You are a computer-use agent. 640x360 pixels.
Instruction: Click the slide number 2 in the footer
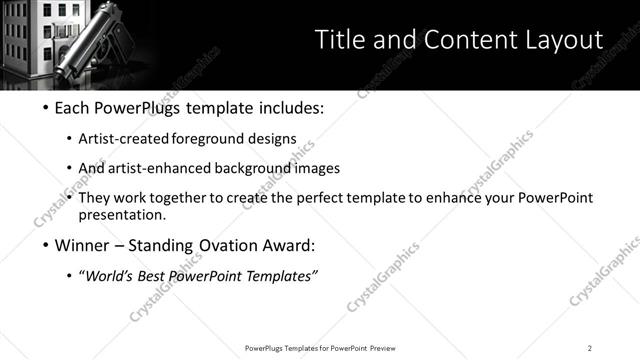(590, 348)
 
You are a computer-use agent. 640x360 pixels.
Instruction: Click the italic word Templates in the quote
(278, 276)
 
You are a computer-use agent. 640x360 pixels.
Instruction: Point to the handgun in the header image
(100, 38)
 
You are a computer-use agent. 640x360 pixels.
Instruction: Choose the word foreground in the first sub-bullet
(212, 138)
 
